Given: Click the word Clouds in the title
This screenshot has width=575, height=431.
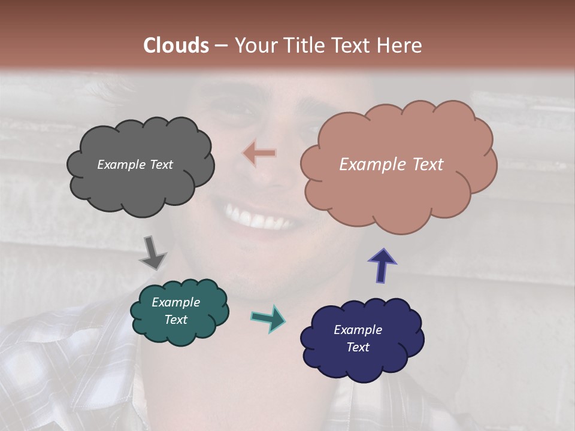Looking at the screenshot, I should tap(176, 45).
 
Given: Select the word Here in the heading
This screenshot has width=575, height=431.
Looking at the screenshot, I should tap(400, 45).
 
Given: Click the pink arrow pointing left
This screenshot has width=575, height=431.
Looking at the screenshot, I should tap(259, 153).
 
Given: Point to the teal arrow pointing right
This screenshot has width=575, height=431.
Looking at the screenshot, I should tap(268, 318).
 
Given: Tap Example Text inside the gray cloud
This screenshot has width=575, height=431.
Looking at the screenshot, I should tap(135, 165).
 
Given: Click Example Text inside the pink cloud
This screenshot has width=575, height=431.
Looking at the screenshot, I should tap(391, 165).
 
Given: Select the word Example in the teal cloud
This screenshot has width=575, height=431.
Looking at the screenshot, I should tap(175, 302).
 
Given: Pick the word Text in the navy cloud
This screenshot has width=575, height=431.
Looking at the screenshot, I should tap(358, 347).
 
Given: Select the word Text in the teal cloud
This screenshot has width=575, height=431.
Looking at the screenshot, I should tap(175, 320).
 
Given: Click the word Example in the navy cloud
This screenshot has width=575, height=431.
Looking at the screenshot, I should tap(358, 330).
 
